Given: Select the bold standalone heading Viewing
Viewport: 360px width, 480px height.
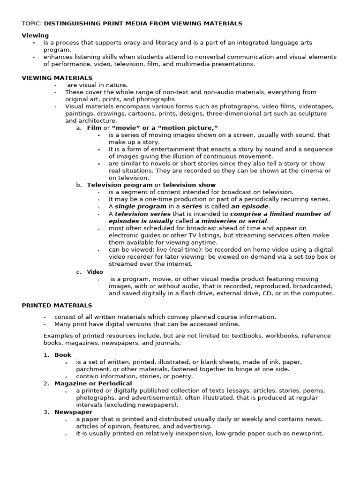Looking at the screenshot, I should (35, 35).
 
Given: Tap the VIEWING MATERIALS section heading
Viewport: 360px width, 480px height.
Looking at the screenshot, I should (57, 78).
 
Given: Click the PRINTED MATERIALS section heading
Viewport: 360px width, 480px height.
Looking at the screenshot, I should (57, 305).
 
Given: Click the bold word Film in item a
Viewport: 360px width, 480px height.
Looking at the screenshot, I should (94, 128).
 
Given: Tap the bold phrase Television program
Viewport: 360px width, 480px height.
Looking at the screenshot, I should (120, 185).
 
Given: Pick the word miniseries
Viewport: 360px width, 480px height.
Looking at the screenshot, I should (221, 221).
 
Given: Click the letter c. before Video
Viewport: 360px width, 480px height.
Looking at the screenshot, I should (79, 272).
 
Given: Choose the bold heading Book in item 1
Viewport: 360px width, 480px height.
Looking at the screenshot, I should (63, 355).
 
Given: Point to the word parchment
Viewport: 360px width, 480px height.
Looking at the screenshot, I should (92, 369).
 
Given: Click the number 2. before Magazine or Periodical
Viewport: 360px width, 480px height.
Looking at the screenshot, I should (46, 383).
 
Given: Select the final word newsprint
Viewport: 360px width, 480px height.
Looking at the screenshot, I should (307, 433).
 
